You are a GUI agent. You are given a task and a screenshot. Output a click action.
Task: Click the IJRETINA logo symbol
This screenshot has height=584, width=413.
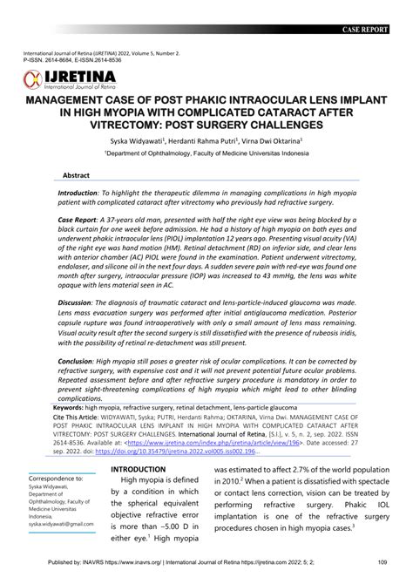32,81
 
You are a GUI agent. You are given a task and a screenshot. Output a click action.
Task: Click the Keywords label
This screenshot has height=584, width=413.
75,408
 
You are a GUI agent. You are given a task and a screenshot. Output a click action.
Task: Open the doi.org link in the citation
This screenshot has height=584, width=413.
192,452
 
